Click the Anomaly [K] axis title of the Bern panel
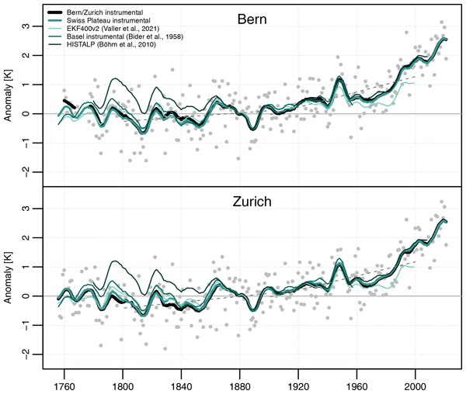(x=10, y=98)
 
